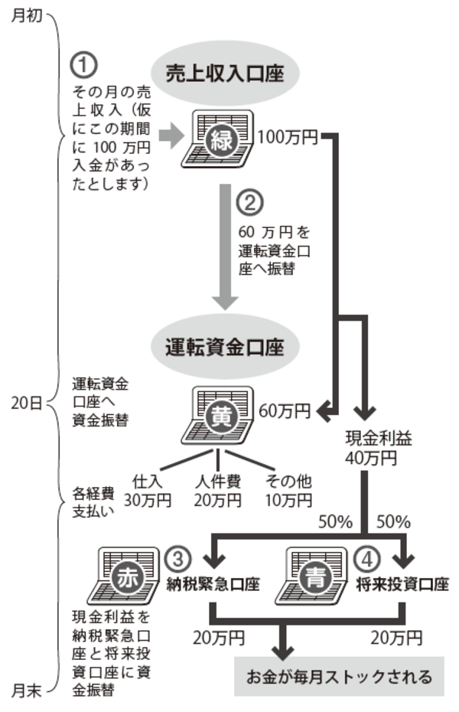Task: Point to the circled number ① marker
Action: click(x=83, y=62)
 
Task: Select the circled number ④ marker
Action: click(x=368, y=560)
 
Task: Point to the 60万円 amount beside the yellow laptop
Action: click(x=285, y=411)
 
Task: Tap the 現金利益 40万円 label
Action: click(x=370, y=449)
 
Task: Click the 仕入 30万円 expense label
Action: click(x=151, y=491)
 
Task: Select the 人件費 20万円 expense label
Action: click(x=218, y=491)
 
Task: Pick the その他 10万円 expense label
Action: click(x=288, y=491)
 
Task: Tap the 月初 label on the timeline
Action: click(x=27, y=16)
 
